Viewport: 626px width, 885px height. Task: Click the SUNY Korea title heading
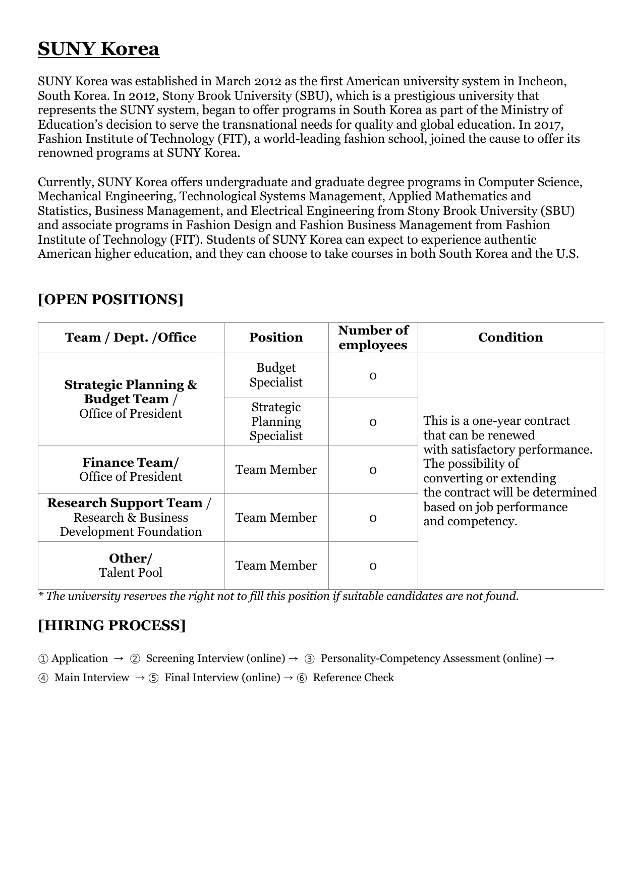(x=98, y=49)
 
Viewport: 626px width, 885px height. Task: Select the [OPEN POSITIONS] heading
(x=110, y=300)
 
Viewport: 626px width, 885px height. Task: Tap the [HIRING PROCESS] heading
(x=111, y=626)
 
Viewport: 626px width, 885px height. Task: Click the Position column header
(x=276, y=338)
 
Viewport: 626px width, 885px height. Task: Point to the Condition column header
(x=510, y=338)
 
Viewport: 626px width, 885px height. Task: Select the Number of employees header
(x=373, y=338)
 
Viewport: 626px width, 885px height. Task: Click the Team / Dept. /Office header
(x=131, y=338)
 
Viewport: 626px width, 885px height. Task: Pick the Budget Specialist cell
(x=276, y=375)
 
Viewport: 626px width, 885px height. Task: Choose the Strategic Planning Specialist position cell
(x=276, y=422)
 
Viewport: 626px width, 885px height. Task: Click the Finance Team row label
(x=131, y=470)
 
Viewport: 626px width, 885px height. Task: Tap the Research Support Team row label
(x=131, y=518)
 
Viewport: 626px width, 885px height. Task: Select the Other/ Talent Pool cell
(x=131, y=566)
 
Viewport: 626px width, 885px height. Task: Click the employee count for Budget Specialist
(x=373, y=376)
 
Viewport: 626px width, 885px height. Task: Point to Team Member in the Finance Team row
(x=276, y=470)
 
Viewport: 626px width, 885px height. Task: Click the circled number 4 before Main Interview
(x=43, y=678)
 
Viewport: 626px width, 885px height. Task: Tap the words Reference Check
(x=353, y=678)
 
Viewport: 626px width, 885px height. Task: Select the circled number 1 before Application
(x=43, y=659)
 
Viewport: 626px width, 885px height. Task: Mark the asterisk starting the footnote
(x=40, y=596)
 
